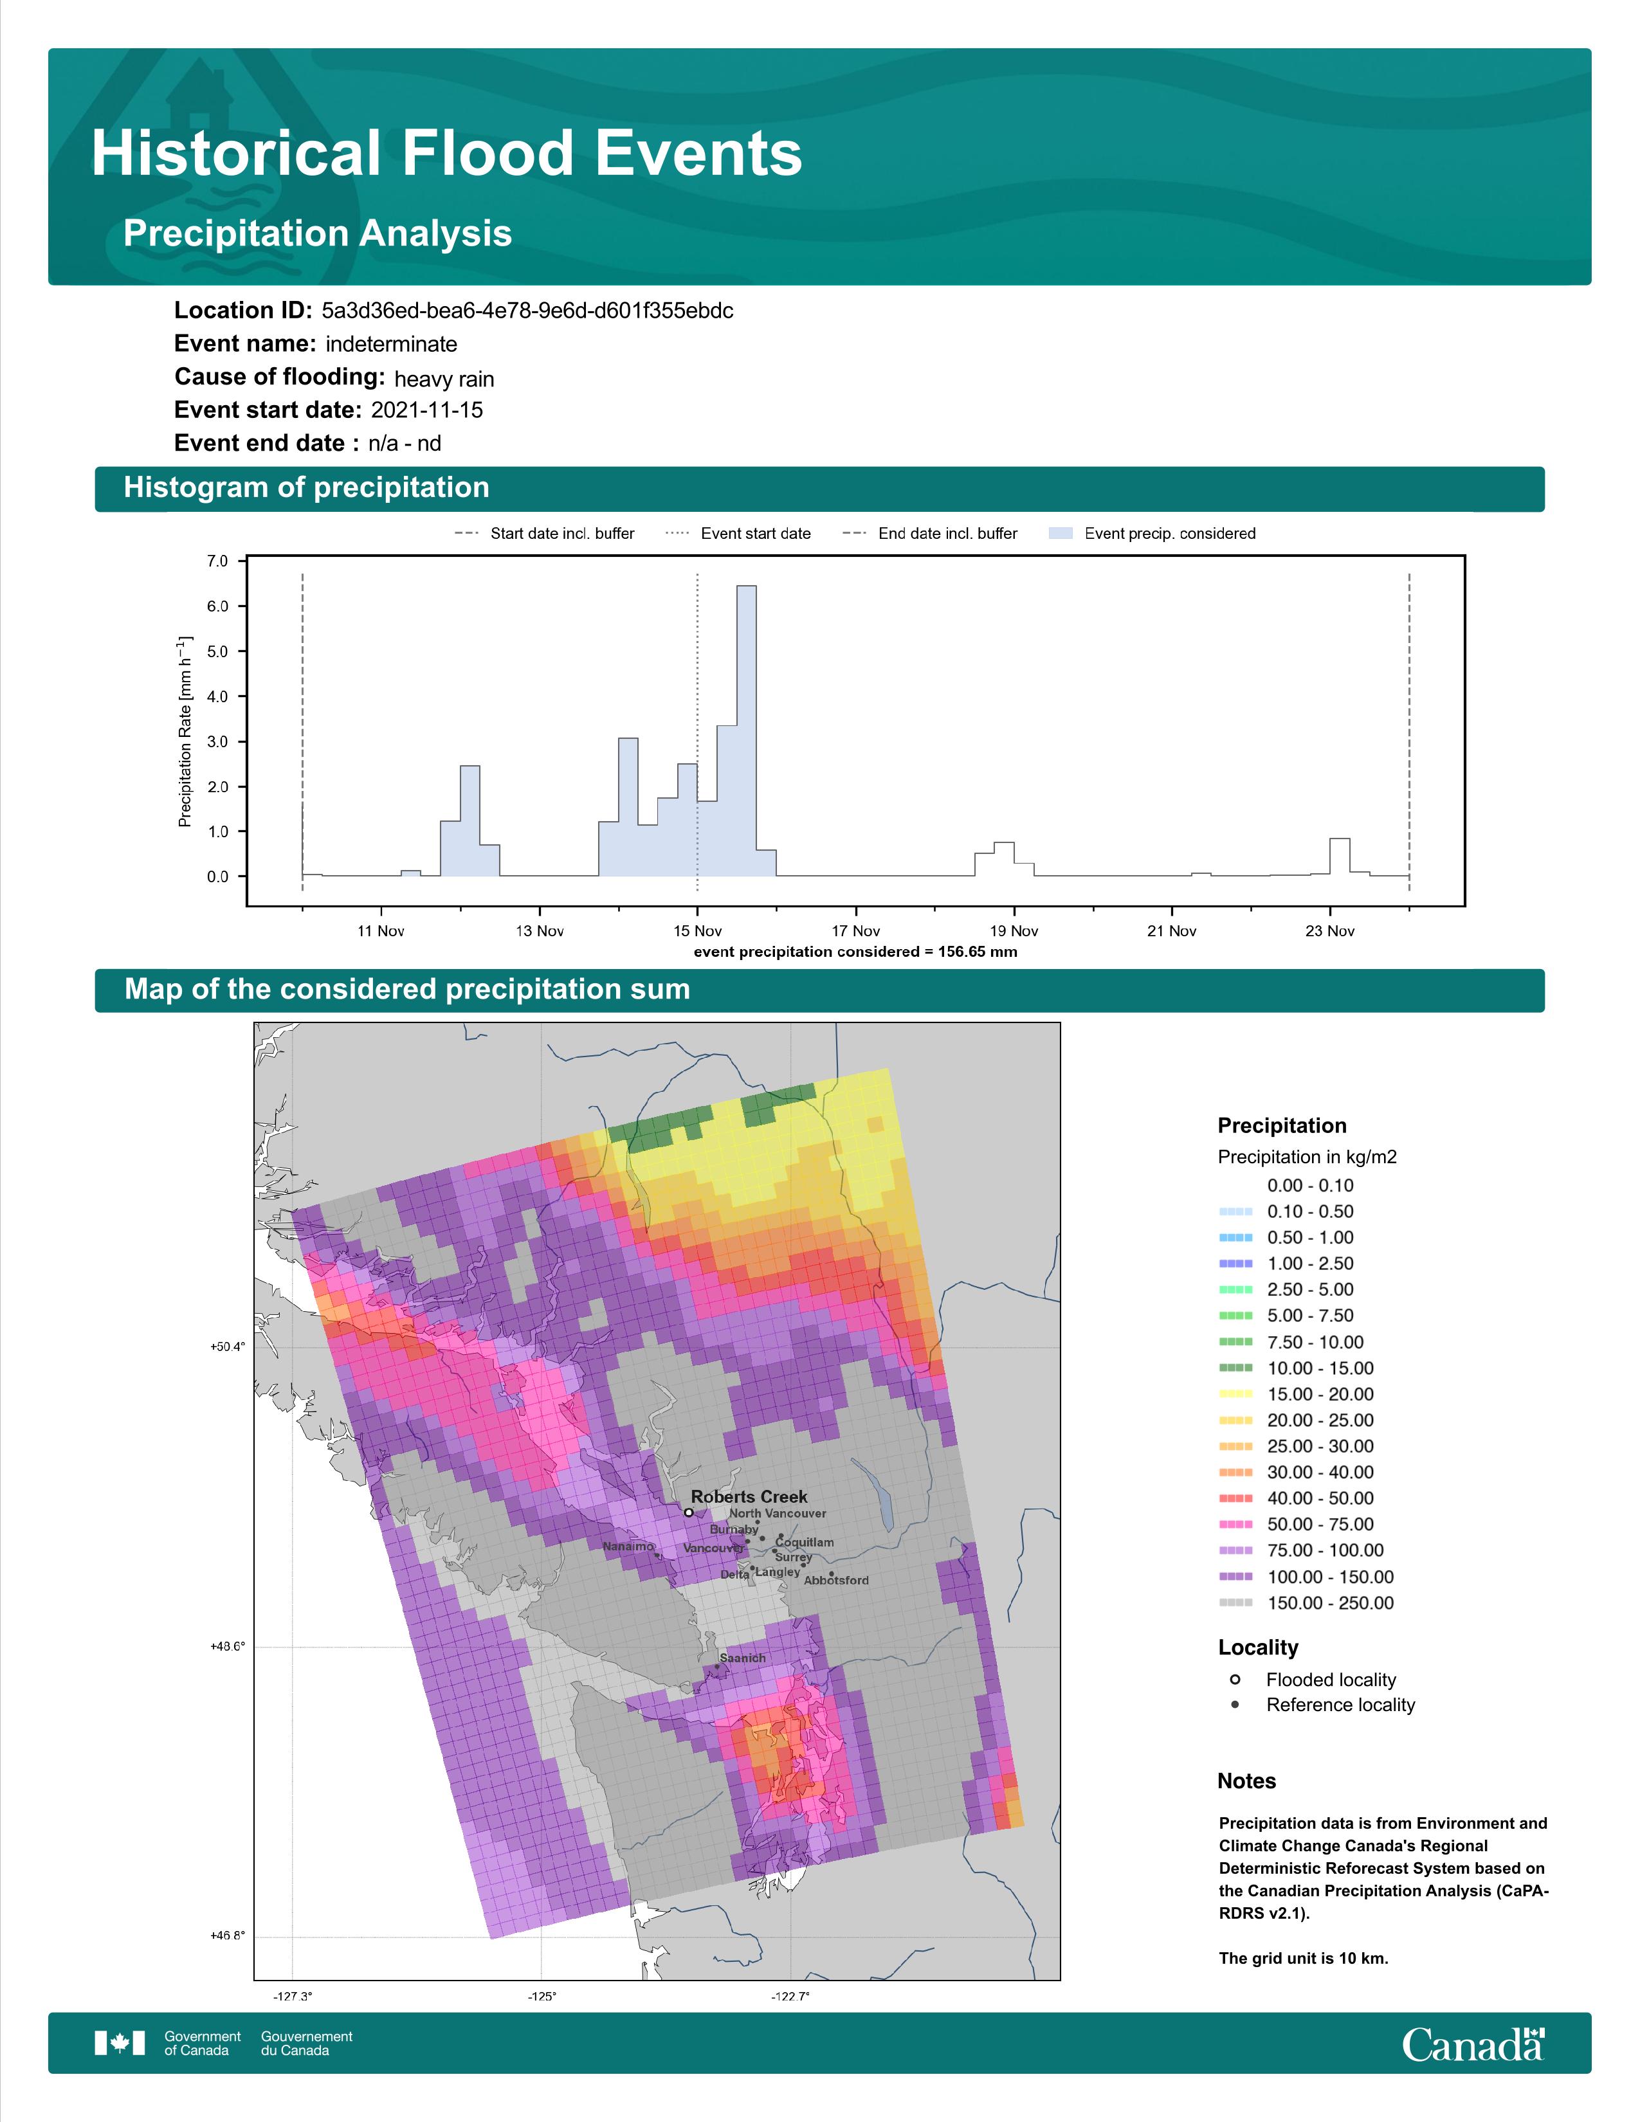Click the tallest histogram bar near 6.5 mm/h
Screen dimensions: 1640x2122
tap(746, 730)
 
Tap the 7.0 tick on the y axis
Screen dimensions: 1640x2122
tap(217, 561)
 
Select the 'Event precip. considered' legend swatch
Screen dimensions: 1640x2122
tap(1061, 534)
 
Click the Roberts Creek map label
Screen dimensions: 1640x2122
tap(749, 1497)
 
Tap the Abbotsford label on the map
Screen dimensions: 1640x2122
tap(837, 1581)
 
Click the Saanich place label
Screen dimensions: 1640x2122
tap(742, 1658)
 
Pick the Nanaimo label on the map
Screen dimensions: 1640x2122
tap(628, 1546)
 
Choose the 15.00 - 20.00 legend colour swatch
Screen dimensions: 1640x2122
tap(1235, 1394)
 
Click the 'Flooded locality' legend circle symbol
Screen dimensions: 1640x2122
tap(1235, 1679)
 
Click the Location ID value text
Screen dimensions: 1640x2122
tap(527, 311)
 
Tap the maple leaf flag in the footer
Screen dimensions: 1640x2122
tap(120, 2044)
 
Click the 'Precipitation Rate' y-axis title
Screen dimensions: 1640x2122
tap(185, 732)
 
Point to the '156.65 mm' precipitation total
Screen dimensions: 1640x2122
tap(978, 952)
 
